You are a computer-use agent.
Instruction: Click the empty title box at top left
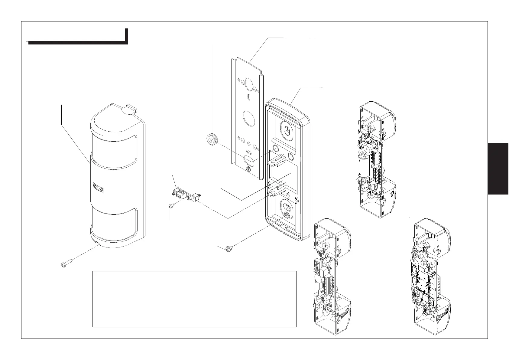tap(75, 33)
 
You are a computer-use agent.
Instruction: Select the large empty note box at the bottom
tap(194, 299)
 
